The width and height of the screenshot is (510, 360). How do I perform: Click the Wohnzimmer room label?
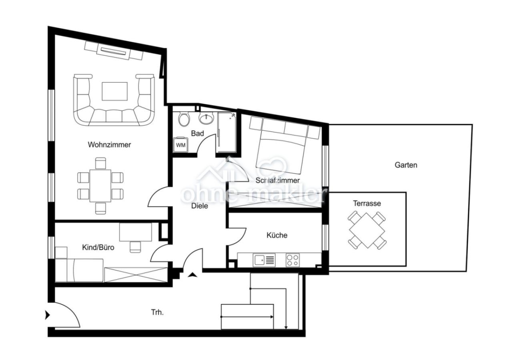(x=109, y=145)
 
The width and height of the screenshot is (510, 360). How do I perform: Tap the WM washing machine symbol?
(x=181, y=145)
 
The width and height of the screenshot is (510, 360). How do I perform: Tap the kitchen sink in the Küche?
(x=264, y=260)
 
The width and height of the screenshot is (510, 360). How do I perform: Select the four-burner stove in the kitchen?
(x=292, y=260)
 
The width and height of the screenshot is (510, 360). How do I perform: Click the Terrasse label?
(x=367, y=203)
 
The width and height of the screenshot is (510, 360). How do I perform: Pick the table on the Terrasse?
(x=367, y=230)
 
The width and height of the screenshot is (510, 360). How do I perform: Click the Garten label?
(x=406, y=165)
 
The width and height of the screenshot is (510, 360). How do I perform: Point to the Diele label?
(x=199, y=206)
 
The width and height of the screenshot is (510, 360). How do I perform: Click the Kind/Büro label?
(x=98, y=248)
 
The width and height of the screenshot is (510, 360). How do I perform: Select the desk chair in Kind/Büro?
(x=136, y=246)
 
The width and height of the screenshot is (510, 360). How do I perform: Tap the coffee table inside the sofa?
(x=114, y=91)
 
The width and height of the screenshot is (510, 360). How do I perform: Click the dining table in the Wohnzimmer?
(x=100, y=186)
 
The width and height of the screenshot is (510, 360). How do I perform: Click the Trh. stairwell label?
(x=157, y=312)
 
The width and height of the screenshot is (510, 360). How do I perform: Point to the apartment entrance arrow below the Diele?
(x=193, y=275)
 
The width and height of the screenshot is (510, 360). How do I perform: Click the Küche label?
(x=277, y=235)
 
